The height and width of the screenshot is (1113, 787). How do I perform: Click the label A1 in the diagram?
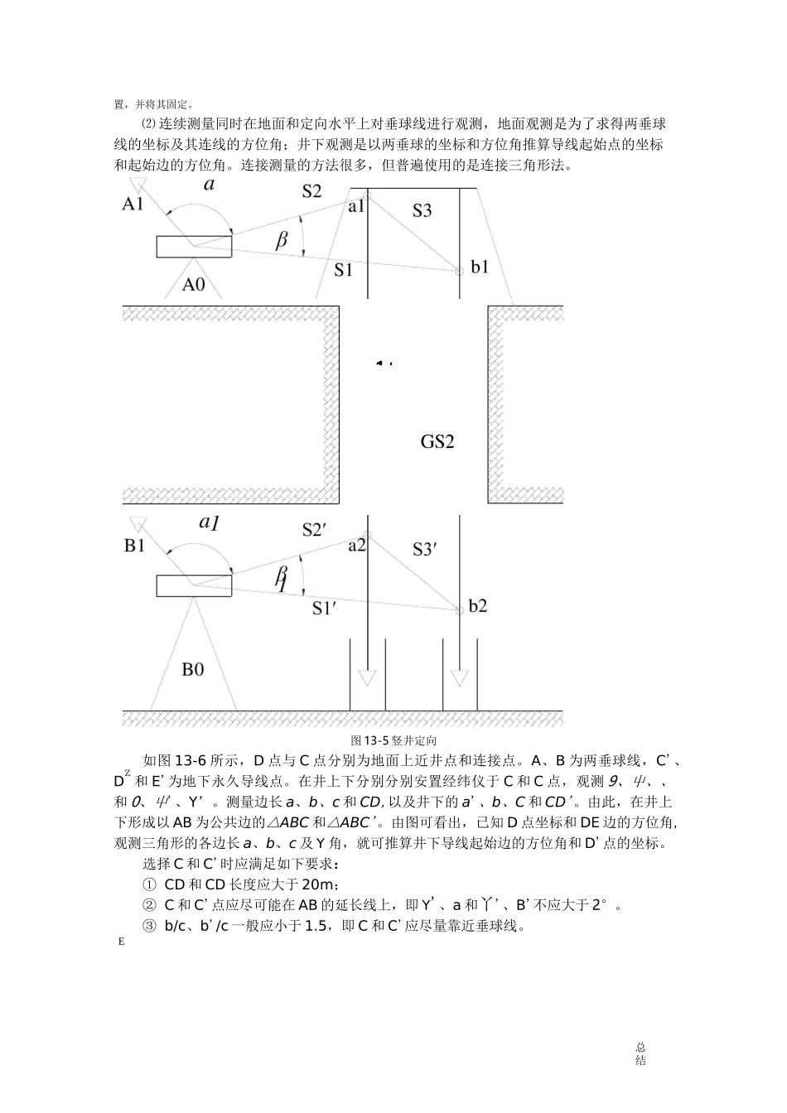point(133,204)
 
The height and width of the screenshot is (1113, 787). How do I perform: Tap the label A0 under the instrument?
point(193,285)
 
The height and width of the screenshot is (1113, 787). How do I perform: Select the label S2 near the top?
point(311,191)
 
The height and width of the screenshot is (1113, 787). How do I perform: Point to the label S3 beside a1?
point(422,211)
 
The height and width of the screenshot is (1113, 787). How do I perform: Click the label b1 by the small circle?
point(480,267)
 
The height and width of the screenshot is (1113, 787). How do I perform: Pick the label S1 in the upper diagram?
point(343,269)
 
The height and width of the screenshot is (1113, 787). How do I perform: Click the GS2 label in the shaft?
point(437,441)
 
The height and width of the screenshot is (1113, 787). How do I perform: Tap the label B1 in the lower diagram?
point(134,547)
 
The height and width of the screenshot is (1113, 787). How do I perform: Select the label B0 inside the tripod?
point(192,669)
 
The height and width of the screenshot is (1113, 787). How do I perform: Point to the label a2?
point(356,546)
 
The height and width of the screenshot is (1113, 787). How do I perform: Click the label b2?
point(478,606)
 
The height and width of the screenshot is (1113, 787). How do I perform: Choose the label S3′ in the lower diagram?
point(424,548)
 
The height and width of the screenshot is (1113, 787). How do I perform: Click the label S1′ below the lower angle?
point(324,609)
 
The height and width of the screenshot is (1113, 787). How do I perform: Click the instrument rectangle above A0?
point(194,246)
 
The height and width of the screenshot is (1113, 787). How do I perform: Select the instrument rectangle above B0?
point(194,585)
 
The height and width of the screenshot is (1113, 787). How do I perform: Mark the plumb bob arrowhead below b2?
point(460,678)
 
